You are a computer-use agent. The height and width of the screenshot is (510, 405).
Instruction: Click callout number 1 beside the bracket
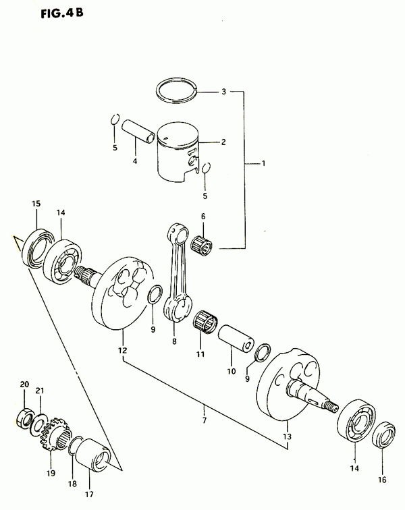264,163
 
